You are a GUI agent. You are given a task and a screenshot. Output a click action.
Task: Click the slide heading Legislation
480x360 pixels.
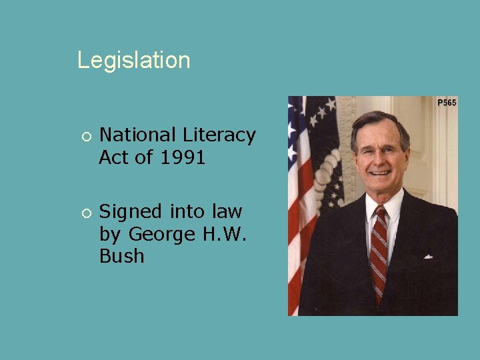[133, 60]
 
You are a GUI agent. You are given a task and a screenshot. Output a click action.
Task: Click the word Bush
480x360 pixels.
[121, 257]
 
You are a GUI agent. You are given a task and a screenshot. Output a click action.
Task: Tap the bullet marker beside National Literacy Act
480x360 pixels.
[85, 136]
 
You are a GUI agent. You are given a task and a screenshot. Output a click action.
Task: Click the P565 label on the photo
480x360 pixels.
[447, 103]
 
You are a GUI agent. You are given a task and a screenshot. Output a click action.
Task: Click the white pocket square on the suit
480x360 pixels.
[427, 256]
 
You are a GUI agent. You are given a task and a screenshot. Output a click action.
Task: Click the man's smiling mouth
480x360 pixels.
[380, 173]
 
